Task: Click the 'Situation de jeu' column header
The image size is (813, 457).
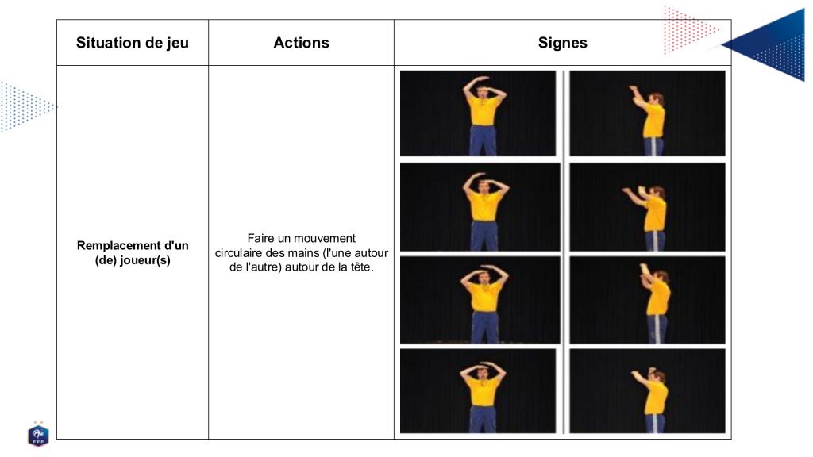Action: coord(133,43)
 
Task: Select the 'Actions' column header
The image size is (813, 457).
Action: coord(301,43)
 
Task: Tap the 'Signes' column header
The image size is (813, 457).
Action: coord(563,43)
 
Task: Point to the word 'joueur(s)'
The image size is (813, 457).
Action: coord(147,260)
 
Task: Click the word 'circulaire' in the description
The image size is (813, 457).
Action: coord(238,253)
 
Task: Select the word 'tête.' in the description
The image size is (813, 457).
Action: coord(362,267)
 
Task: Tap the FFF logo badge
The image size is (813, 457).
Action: coord(38,434)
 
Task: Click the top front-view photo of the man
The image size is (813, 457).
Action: coord(477,113)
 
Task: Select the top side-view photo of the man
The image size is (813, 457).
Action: coord(647,113)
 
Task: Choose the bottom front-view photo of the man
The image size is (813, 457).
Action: coord(477,390)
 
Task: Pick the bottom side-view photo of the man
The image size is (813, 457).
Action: coord(647,390)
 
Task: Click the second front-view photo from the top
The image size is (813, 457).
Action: coord(480,207)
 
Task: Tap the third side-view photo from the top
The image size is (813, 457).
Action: coord(647,300)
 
